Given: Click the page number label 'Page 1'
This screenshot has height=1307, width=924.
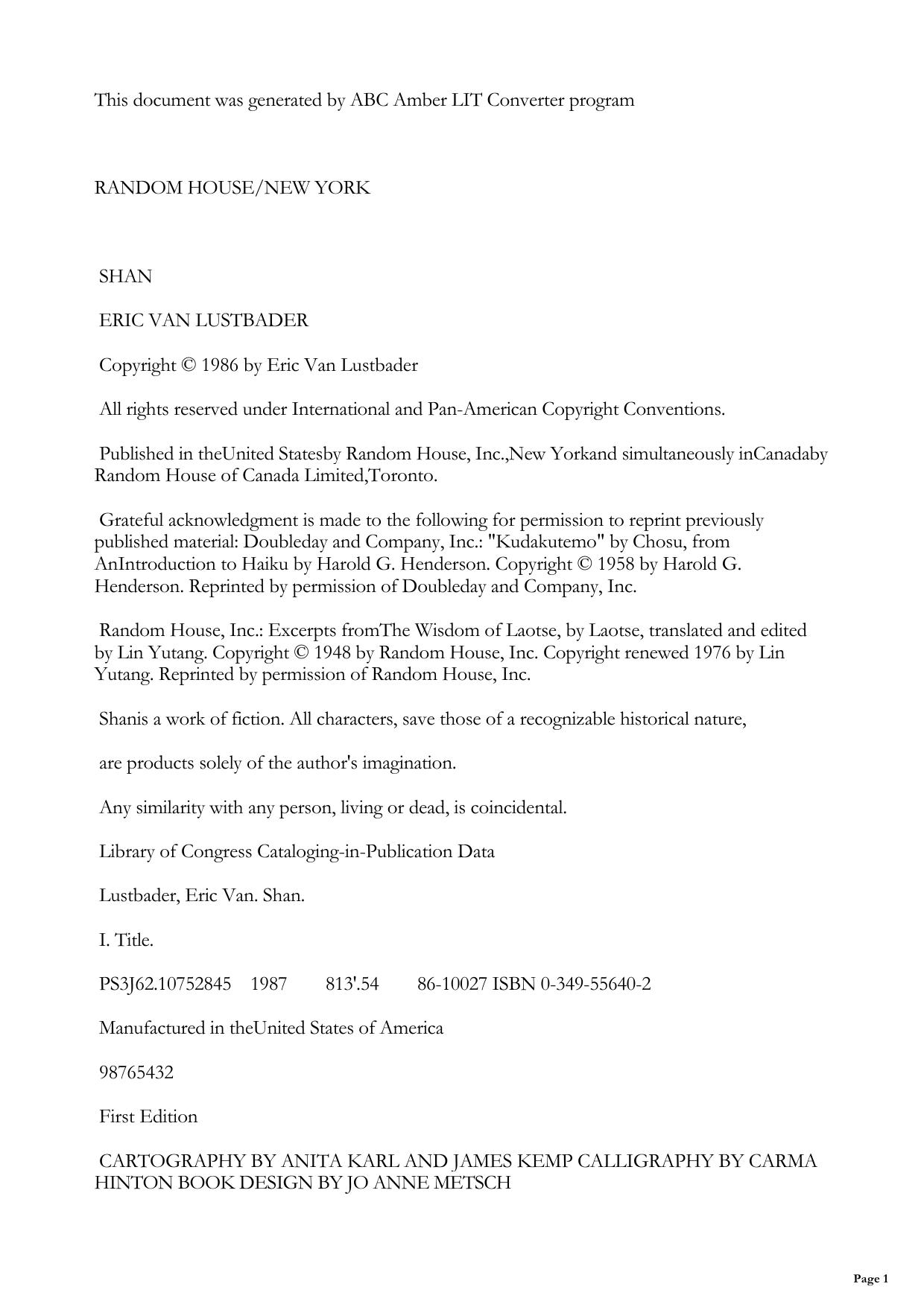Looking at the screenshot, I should point(870,1279).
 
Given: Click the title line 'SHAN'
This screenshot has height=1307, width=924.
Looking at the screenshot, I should point(125,276).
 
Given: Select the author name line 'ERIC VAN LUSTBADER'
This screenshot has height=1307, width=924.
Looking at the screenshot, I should point(203,320).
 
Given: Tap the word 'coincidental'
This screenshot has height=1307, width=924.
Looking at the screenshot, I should point(517,807).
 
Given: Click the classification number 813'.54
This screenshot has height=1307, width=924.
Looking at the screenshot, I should point(352,984).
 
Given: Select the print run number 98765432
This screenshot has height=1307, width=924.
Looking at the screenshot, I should point(136,1072).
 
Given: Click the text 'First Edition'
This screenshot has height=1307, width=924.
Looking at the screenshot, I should point(148,1116).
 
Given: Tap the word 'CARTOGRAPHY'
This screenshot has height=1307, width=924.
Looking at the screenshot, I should point(171,1161).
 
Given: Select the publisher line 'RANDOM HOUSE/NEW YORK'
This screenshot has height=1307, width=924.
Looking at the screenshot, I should point(232,188).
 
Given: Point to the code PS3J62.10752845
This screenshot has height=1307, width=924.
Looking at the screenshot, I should point(165,984).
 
